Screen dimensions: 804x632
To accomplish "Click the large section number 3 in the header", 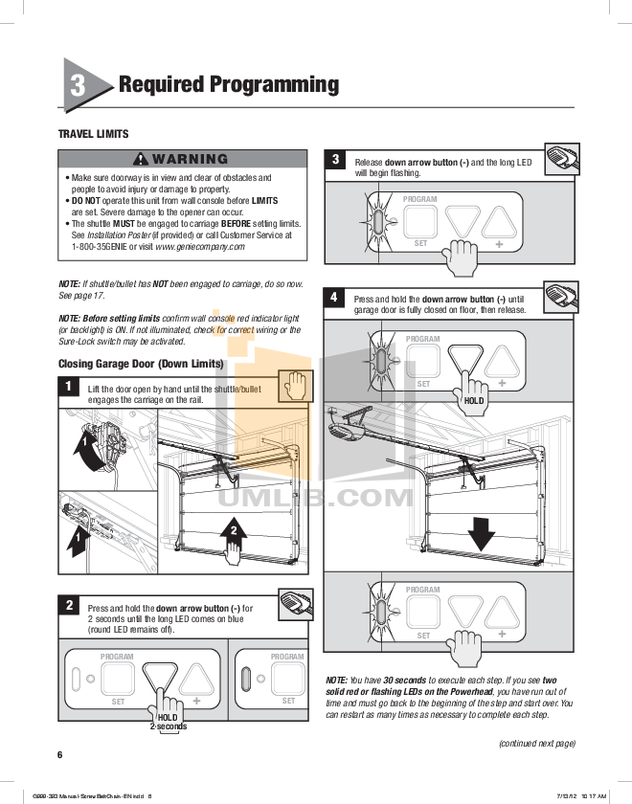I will coord(79,85).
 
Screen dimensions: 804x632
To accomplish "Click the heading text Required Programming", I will coord(228,84).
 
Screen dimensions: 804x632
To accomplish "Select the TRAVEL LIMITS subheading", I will coord(93,134).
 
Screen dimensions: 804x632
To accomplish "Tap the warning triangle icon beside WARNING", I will coord(141,159).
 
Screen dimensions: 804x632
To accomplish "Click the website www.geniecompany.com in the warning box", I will coord(199,246).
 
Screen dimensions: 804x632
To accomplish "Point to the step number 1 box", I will coord(69,387).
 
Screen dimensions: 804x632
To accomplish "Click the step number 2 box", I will coord(69,605).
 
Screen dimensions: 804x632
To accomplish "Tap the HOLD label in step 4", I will coord(473,401).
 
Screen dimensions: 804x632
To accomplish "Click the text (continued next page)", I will coord(536,743).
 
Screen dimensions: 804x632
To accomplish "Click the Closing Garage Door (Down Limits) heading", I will coord(141,364).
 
